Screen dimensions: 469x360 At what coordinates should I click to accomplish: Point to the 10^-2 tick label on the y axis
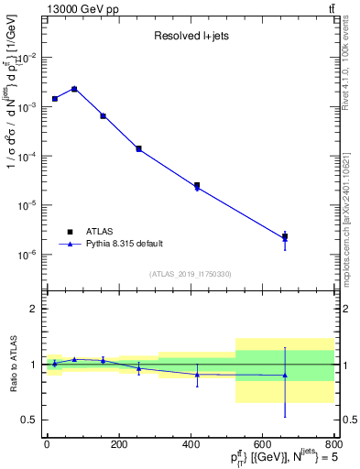tap(27, 57)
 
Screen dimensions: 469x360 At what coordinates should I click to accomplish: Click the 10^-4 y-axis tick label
tap(27, 156)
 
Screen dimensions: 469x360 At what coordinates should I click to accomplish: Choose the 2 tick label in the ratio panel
tap(33, 309)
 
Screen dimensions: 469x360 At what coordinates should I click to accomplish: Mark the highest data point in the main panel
tap(74, 89)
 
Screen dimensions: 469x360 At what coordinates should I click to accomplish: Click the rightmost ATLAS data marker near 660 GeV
tap(285, 236)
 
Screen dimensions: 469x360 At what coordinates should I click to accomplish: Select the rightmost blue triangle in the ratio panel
tap(285, 375)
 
